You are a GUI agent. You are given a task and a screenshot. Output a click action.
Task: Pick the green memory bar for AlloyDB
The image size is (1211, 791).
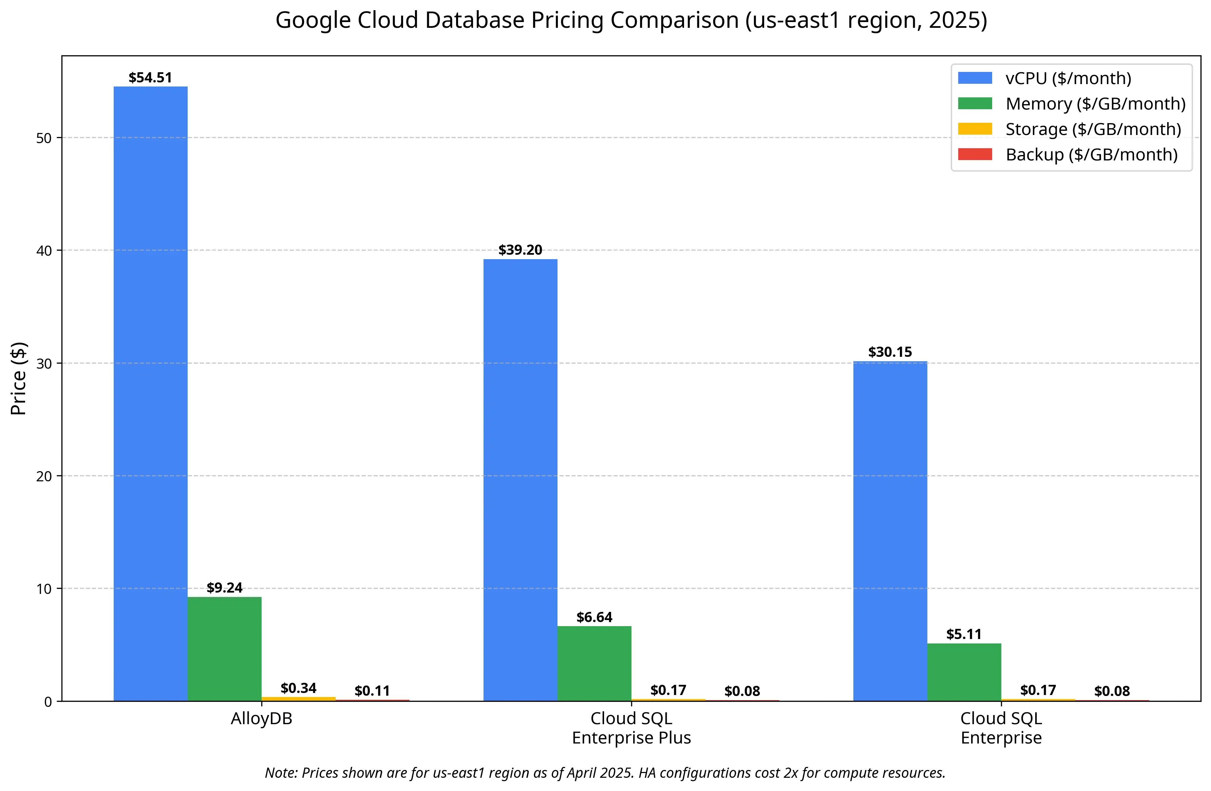(224, 649)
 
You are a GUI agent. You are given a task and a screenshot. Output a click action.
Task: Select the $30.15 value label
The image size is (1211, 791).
(890, 352)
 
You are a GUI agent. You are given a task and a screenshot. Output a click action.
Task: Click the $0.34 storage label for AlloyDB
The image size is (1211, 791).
(298, 688)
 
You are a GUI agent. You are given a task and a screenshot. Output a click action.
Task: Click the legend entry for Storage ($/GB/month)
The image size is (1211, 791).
(1093, 129)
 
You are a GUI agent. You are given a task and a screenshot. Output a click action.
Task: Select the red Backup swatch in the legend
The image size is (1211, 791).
(975, 154)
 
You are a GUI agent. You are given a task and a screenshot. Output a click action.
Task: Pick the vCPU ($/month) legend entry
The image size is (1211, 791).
(1068, 78)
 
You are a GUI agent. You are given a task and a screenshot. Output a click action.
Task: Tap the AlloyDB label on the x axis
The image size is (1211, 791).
(262, 719)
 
